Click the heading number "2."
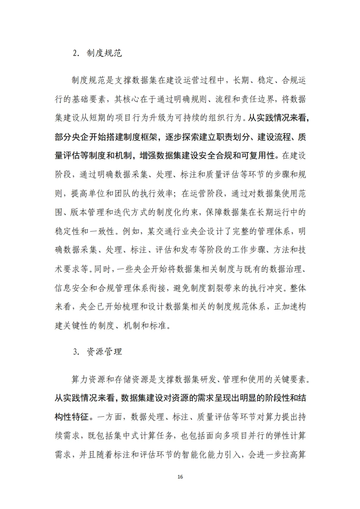coord(77,53)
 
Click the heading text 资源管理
coord(104,352)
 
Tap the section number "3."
coord(77,352)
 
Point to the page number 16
coord(180,477)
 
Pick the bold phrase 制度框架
coord(139,137)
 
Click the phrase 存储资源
coord(135,379)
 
